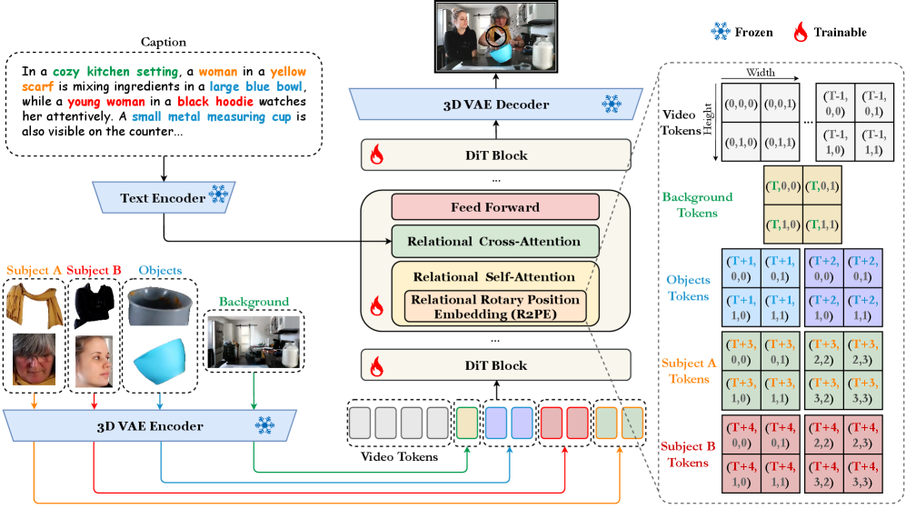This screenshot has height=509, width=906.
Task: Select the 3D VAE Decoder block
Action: point(495,105)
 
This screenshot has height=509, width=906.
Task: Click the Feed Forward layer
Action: point(495,206)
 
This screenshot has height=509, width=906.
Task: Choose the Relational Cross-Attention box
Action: point(495,241)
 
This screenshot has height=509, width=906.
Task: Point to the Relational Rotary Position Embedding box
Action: point(495,305)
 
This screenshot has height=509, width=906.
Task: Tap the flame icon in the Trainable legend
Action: point(801,33)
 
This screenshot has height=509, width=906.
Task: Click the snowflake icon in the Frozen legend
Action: point(720,32)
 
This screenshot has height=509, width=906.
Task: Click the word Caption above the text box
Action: point(164,43)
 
